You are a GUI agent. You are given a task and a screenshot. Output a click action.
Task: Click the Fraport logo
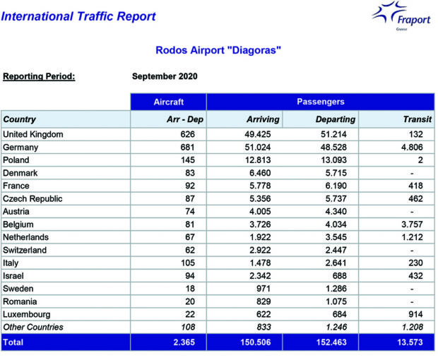click(401, 16)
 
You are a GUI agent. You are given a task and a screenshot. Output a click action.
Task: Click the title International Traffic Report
click(78, 16)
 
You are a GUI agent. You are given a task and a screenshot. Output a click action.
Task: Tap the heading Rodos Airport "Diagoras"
click(218, 50)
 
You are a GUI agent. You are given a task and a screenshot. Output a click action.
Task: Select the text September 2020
click(165, 76)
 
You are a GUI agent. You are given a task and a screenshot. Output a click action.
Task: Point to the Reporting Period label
click(39, 76)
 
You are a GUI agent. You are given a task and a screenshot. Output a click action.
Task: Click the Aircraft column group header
click(168, 102)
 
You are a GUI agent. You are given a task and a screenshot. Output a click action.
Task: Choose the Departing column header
click(336, 119)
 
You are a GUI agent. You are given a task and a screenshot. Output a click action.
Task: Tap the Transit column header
click(418, 119)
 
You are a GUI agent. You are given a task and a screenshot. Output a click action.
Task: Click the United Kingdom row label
click(33, 134)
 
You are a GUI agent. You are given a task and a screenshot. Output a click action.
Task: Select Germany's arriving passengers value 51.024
click(258, 147)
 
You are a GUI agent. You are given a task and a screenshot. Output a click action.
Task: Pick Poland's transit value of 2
click(420, 160)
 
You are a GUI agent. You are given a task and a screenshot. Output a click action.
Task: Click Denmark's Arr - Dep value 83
click(190, 173)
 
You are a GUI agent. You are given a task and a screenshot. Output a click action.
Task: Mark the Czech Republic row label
click(32, 198)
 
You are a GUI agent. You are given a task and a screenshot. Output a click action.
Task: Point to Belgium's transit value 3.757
click(412, 224)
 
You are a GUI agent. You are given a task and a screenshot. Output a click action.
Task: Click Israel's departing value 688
click(339, 276)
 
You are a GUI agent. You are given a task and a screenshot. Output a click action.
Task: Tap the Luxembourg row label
click(27, 315)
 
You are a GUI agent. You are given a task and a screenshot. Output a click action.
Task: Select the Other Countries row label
click(33, 327)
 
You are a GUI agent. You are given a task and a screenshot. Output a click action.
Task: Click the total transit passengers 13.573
click(410, 342)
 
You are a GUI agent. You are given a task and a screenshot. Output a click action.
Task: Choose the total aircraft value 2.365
click(184, 342)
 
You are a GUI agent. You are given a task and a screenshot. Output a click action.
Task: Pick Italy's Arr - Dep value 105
click(188, 263)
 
